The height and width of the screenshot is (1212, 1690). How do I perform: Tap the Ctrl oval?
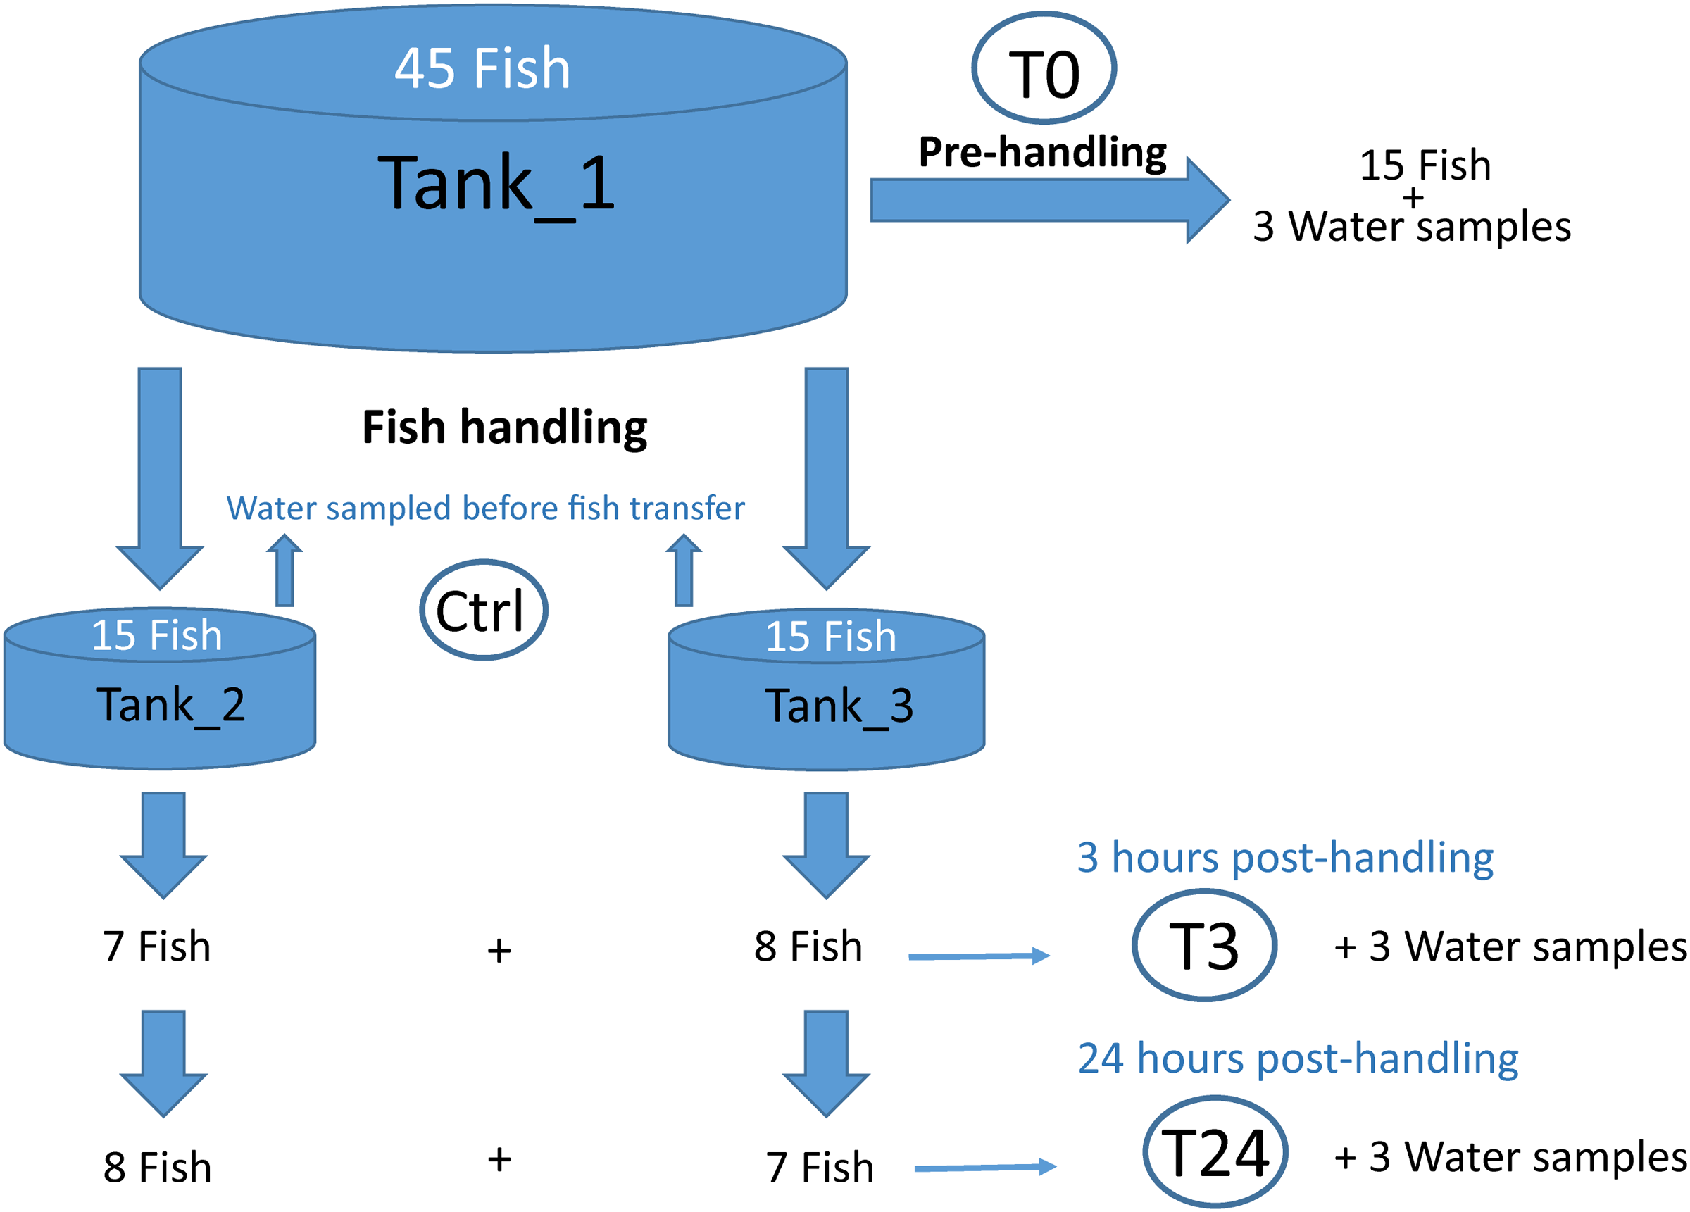(484, 611)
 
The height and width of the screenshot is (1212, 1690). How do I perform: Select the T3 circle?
(1204, 946)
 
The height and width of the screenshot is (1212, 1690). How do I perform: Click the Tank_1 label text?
(496, 183)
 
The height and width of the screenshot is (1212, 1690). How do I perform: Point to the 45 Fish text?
(482, 68)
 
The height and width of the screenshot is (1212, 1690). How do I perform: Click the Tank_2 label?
(170, 705)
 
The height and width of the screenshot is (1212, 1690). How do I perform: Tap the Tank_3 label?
(839, 706)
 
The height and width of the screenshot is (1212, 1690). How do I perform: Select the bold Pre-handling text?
(1042, 153)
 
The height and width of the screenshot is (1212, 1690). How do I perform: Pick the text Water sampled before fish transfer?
(485, 508)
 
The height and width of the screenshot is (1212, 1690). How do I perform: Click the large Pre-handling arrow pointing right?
(1043, 200)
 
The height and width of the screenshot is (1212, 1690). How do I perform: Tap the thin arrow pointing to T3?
(978, 956)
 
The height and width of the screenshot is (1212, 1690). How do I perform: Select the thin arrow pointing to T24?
(984, 1167)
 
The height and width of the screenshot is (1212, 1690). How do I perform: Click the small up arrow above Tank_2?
(284, 571)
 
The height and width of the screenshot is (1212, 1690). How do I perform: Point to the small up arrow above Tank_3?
(683, 571)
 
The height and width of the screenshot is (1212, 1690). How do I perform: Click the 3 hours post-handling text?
(1284, 858)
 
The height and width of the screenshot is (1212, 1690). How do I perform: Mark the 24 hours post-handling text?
(1297, 1058)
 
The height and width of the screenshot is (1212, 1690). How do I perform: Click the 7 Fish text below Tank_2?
(156, 947)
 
